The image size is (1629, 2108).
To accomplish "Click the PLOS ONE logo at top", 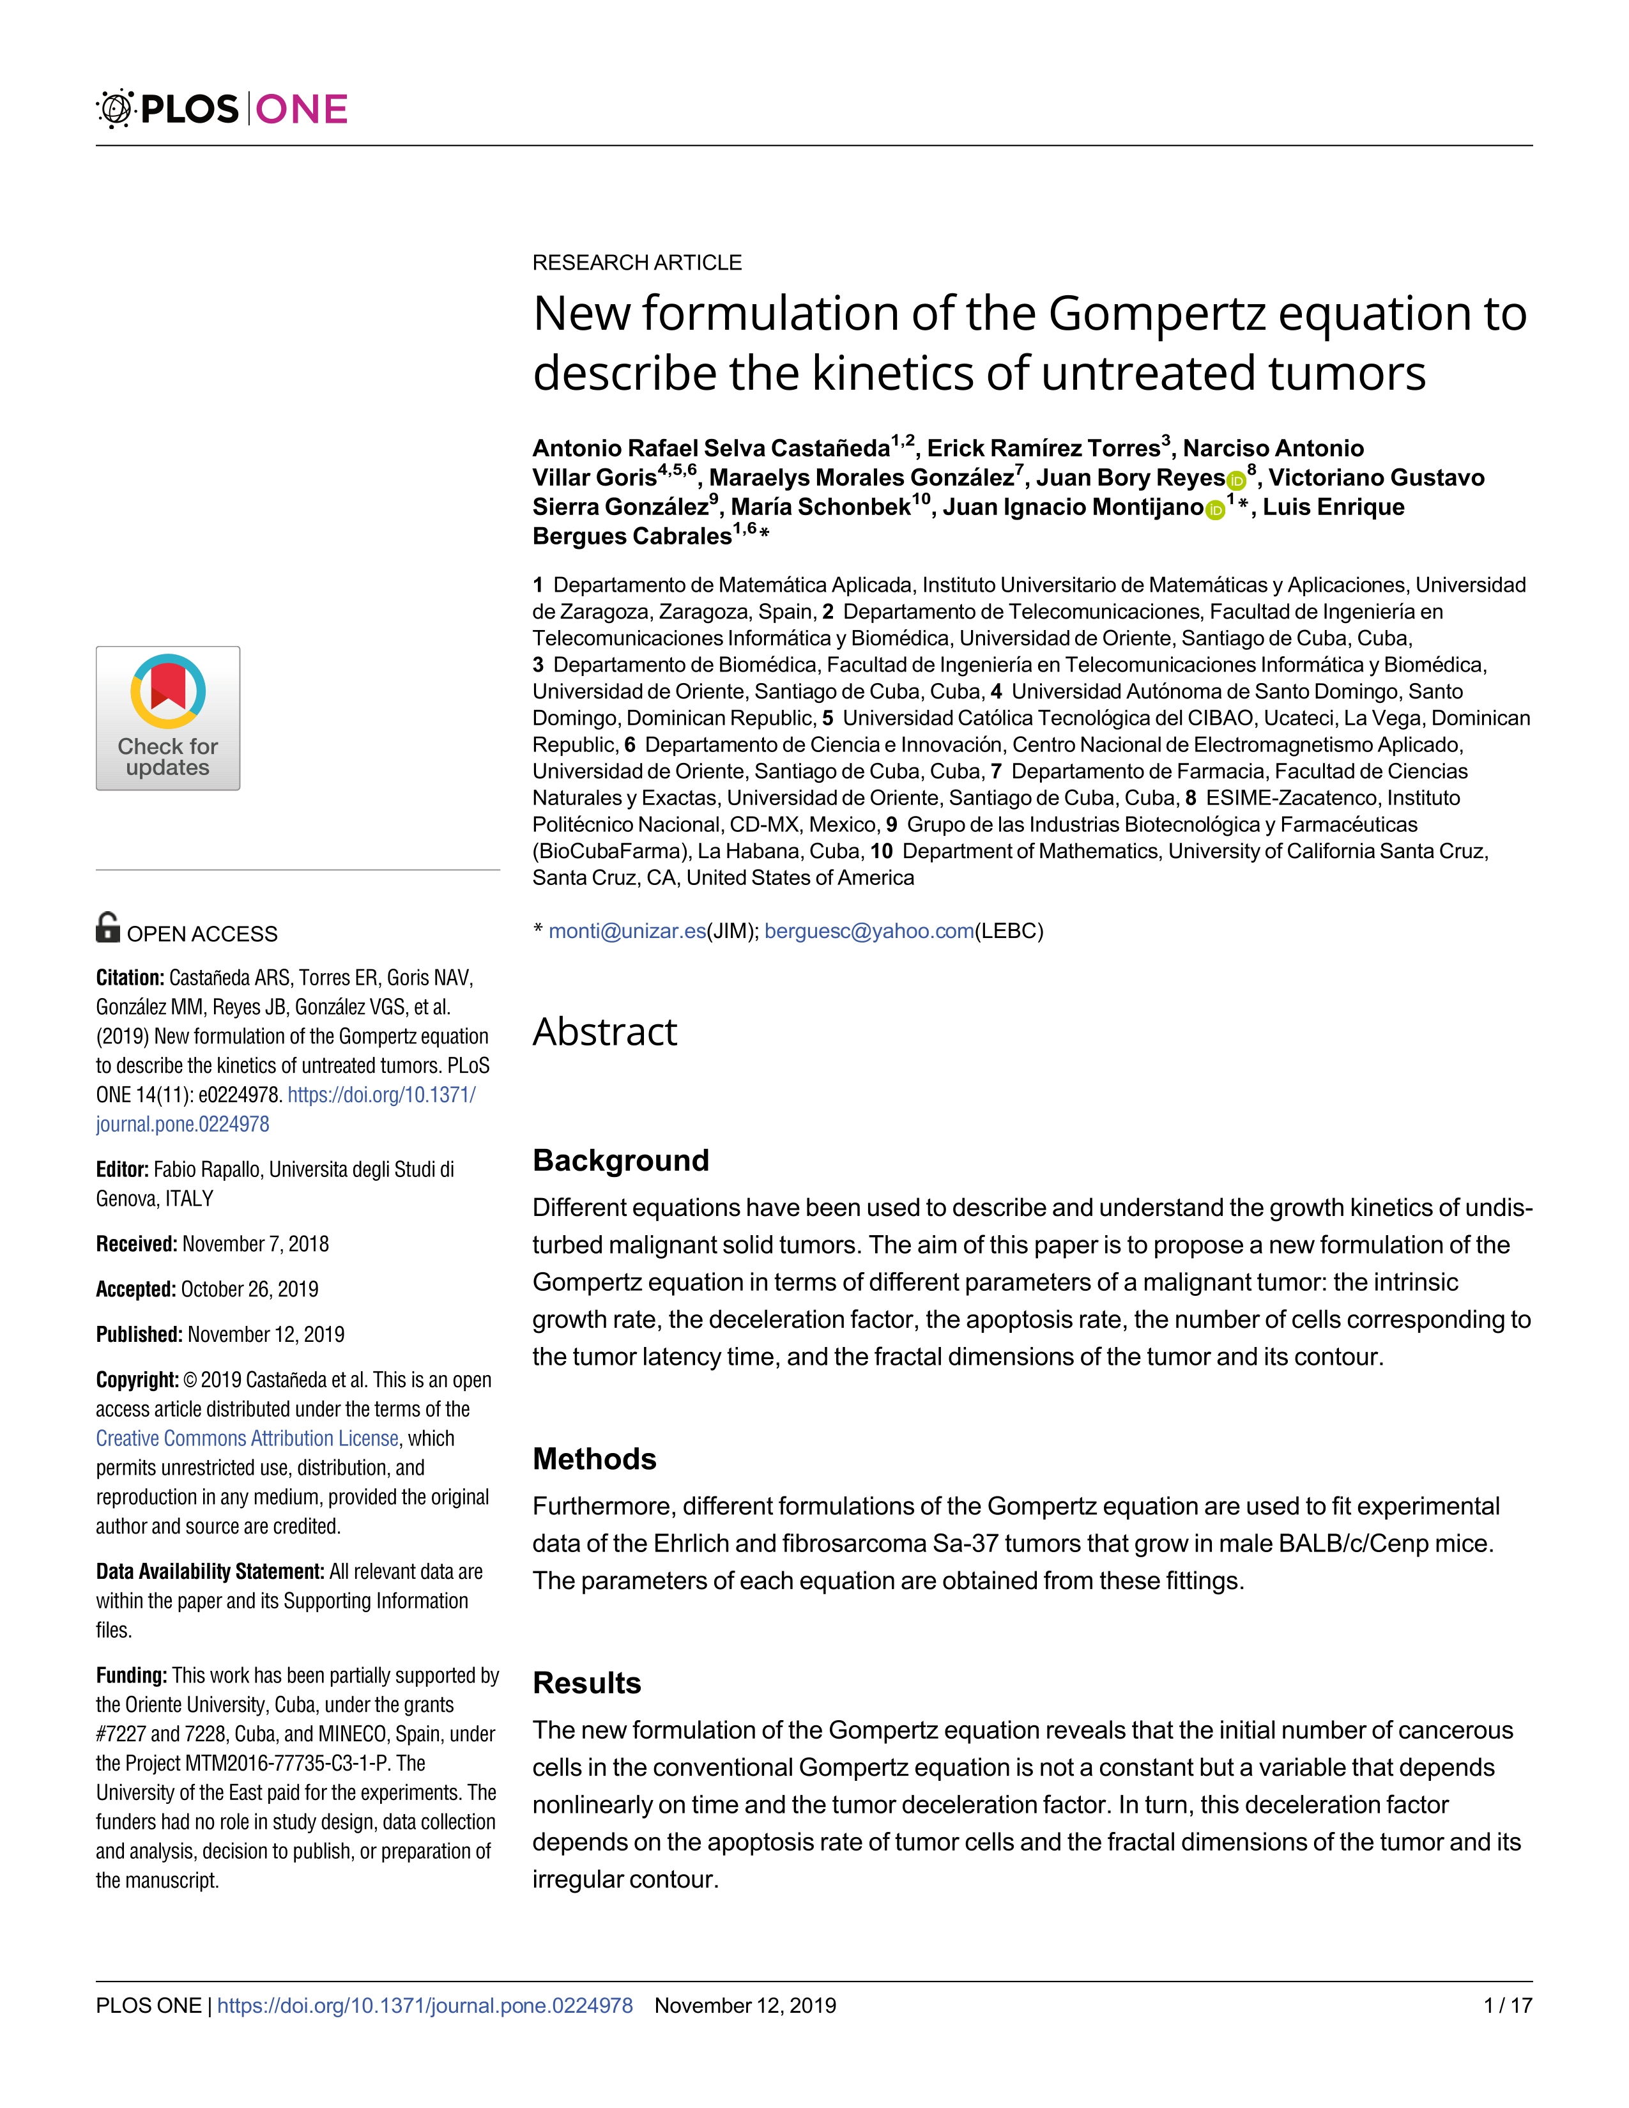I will [x=222, y=109].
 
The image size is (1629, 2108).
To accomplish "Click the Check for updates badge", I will [x=168, y=718].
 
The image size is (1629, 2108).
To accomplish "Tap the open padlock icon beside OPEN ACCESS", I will [x=108, y=928].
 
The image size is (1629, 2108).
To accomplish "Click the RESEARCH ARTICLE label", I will [x=637, y=263].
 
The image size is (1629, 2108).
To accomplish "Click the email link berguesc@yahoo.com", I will [x=869, y=932].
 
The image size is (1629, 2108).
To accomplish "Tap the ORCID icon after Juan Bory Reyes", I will [x=1235, y=480].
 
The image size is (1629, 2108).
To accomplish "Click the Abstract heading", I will [x=605, y=1032].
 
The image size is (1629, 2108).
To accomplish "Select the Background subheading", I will [x=620, y=1160].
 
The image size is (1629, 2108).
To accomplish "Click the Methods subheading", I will [x=595, y=1458].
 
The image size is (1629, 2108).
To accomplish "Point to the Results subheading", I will [x=586, y=1682].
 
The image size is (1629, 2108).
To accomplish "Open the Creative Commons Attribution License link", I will [x=247, y=1438].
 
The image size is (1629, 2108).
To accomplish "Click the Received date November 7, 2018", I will [x=255, y=1244].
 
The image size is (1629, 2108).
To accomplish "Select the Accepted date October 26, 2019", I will [x=249, y=1289].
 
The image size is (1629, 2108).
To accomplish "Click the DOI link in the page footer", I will [x=425, y=2006].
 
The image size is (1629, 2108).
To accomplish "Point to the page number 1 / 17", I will [x=1508, y=2006].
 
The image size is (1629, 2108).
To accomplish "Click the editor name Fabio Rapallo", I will [x=206, y=1170].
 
